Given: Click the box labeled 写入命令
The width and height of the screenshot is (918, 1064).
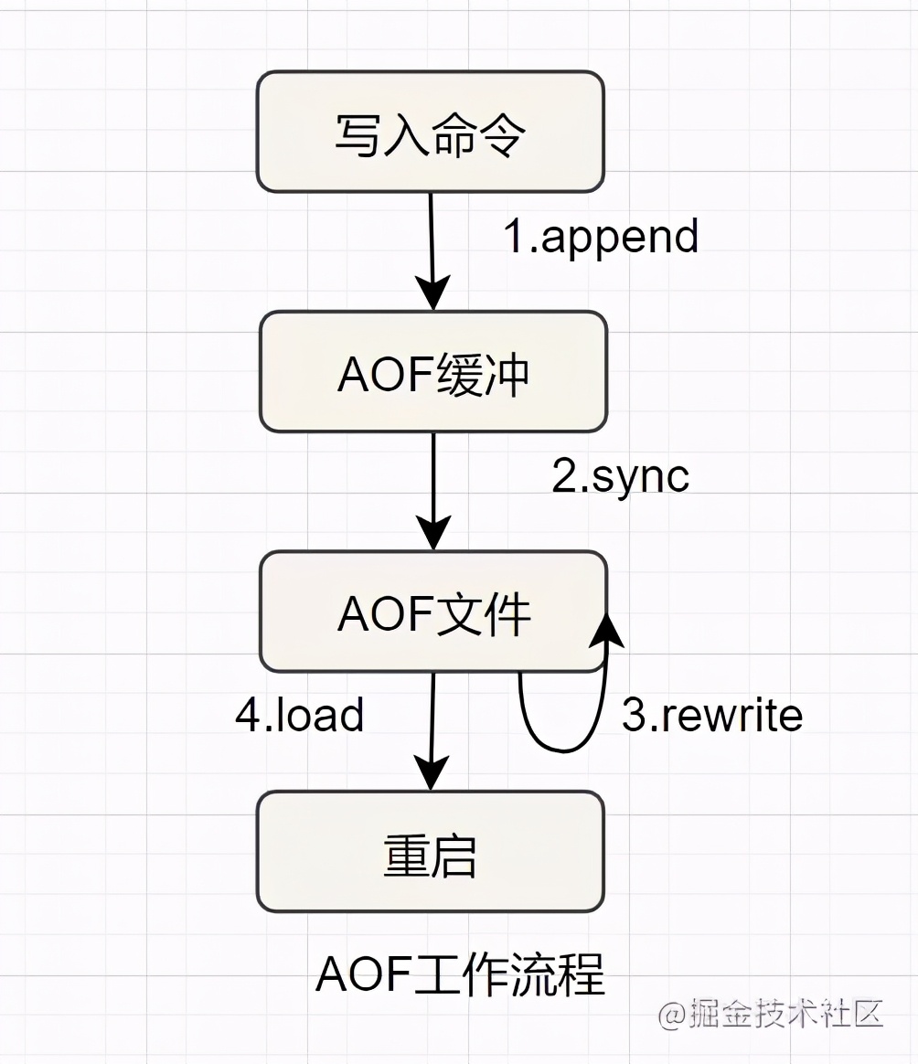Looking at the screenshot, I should coord(430,133).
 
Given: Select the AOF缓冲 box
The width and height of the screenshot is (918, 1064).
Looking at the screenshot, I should coord(432,372).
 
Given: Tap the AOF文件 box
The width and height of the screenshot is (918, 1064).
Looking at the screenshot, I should coord(432,612).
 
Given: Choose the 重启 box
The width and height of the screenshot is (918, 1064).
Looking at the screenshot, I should coord(430,851).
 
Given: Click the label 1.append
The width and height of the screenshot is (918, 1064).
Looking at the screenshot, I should coord(601,237).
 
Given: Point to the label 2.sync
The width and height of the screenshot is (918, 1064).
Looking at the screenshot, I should coord(620,475).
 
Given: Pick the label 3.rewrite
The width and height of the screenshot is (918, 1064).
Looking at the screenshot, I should coord(711,715).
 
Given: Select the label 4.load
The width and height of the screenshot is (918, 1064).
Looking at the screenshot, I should coord(300,715).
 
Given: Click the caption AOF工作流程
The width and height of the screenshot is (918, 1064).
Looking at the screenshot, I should coord(460,975).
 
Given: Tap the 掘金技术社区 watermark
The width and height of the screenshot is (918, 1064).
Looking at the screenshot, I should coord(771,1014).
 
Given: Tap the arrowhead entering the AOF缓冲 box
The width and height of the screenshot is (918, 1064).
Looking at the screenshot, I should coord(433,294).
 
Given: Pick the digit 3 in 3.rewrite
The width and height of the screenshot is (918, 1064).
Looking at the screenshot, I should coord(634,716).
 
